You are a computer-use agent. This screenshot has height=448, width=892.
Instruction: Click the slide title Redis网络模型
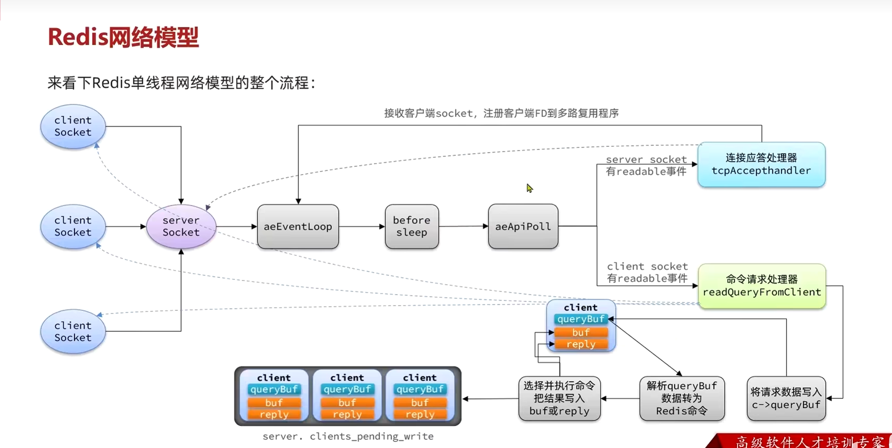click(x=123, y=37)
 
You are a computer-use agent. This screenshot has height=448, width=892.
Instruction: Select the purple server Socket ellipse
click(x=181, y=226)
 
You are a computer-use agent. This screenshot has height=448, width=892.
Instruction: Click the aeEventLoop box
click(x=298, y=227)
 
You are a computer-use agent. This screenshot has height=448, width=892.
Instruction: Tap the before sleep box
click(x=411, y=227)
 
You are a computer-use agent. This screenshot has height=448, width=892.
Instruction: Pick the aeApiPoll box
click(x=523, y=227)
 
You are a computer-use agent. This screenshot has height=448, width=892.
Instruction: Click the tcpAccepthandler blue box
click(x=761, y=165)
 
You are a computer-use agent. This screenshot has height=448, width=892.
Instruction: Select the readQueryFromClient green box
click(x=762, y=286)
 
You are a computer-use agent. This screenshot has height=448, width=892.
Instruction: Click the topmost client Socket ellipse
click(x=73, y=126)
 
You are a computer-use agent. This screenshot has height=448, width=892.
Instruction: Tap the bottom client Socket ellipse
click(x=73, y=331)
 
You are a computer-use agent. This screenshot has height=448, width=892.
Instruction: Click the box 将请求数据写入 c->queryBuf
click(x=786, y=399)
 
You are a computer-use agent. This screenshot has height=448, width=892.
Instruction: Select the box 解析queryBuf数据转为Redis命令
click(x=682, y=399)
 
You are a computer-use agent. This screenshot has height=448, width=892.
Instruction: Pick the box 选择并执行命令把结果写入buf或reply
click(x=559, y=399)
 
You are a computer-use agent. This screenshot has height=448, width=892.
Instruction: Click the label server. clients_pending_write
click(x=348, y=436)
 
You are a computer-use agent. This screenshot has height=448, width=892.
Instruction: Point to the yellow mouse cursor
click(x=529, y=188)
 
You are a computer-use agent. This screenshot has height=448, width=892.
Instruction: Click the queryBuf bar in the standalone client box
click(x=581, y=319)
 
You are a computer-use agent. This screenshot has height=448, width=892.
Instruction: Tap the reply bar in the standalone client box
click(x=581, y=344)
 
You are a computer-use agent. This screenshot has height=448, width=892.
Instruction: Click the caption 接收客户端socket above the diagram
click(x=501, y=113)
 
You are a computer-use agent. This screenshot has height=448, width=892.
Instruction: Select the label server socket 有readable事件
click(x=646, y=165)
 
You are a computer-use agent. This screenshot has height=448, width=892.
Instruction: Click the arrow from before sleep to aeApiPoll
click(x=463, y=226)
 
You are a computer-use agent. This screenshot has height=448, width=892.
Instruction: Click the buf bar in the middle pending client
click(x=347, y=402)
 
